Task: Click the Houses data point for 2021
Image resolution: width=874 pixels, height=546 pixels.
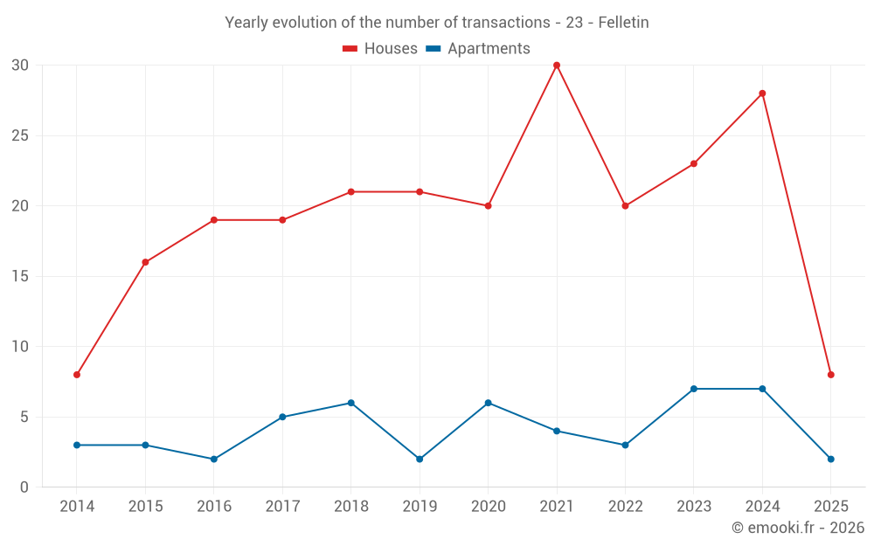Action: pos(557,66)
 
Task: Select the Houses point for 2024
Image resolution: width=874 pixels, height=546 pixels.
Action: pos(762,93)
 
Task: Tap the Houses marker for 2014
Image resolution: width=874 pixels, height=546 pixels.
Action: pos(77,375)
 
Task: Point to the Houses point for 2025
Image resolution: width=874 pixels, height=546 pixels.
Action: pos(831,375)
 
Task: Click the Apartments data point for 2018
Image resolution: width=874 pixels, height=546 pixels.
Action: pos(350,403)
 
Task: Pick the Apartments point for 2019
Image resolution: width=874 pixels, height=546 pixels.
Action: pos(420,459)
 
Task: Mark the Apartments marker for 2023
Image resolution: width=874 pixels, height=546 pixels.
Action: pos(694,389)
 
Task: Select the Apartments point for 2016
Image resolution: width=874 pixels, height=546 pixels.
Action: pos(214,459)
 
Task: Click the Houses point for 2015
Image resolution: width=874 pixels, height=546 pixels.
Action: pos(145,262)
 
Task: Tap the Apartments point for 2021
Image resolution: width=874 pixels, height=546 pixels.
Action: pos(557,431)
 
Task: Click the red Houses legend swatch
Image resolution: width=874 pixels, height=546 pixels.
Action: pos(350,49)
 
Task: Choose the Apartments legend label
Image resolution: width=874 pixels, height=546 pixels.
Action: pos(489,49)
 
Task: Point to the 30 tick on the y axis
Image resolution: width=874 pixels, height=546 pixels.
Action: pos(20,66)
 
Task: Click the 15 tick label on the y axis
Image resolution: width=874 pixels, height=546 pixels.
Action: pos(20,276)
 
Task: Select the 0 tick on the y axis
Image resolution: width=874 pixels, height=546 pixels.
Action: pos(24,487)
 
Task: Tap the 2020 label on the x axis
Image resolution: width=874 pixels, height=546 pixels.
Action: pos(489,507)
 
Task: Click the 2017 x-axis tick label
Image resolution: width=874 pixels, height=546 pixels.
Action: pos(282,507)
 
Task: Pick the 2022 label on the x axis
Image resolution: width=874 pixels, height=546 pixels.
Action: pos(625,507)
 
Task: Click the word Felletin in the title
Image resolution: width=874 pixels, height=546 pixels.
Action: pos(623,23)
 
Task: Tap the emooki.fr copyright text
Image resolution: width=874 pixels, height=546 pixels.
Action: pos(797,528)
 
